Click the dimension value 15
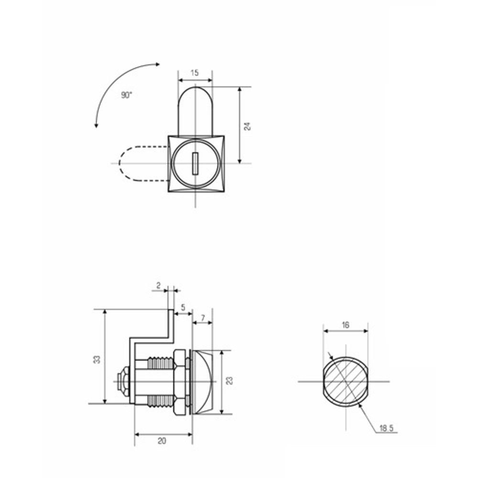[x=195, y=73]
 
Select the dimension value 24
[x=247, y=127]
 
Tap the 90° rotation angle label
[x=127, y=95]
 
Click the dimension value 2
[x=158, y=286]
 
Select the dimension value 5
[x=183, y=307]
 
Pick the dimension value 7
[x=203, y=318]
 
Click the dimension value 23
[x=229, y=381]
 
